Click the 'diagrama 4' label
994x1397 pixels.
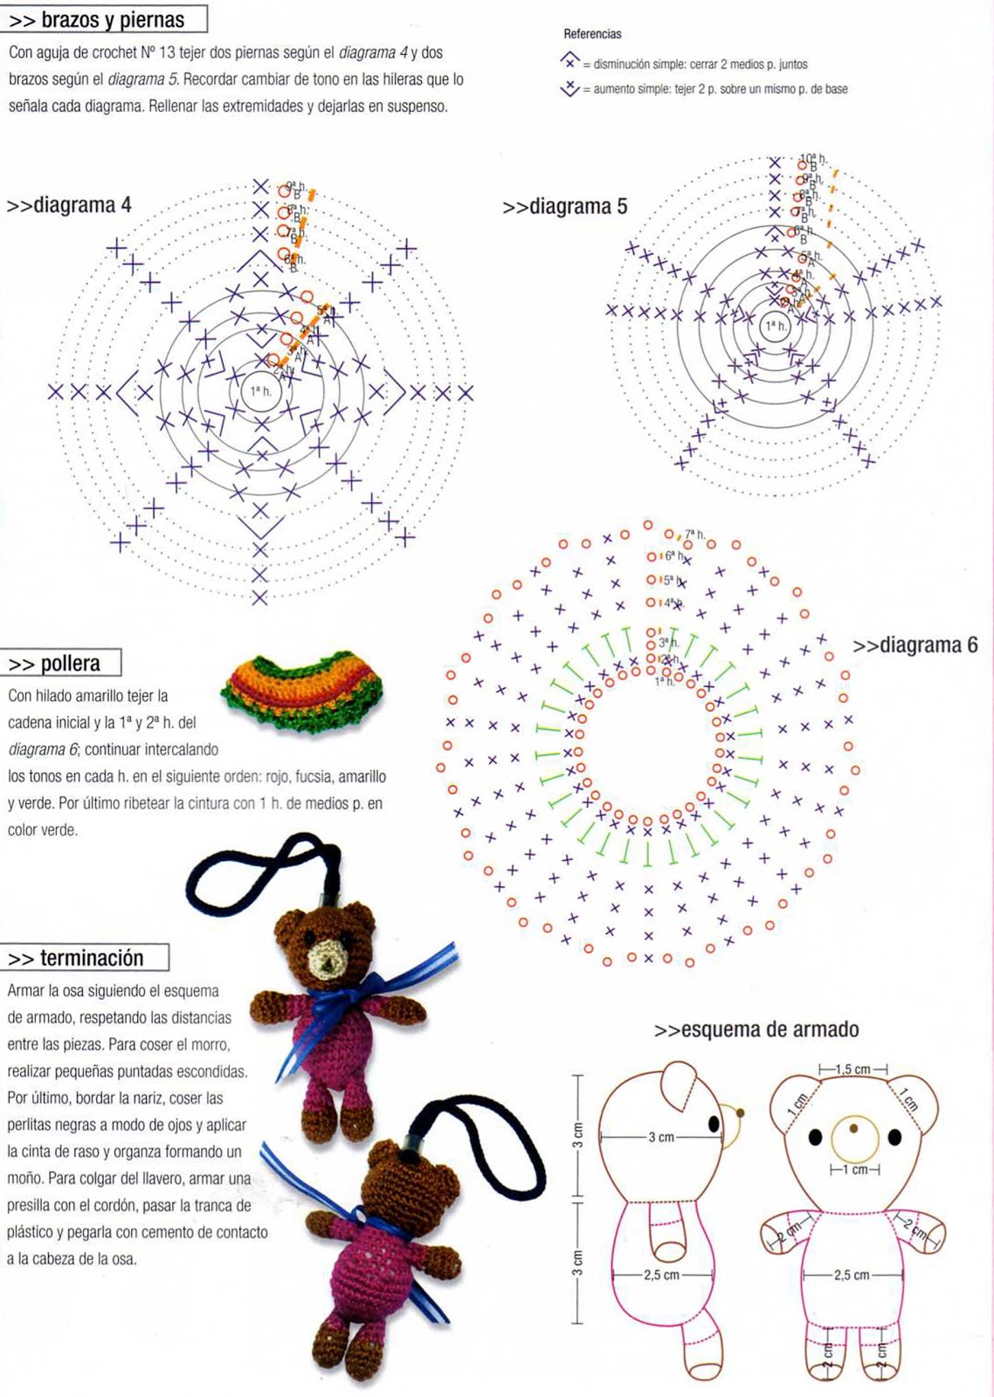70,205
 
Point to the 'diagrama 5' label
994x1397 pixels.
565,207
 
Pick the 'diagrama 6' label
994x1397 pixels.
915,645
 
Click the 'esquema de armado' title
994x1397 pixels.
756,1029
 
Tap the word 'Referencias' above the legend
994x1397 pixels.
592,34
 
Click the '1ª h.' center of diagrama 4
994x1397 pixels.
260,391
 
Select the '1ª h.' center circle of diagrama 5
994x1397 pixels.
775,326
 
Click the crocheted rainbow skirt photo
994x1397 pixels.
302,690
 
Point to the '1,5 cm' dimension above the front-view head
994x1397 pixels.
853,1070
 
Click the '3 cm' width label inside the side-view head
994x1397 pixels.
661,1137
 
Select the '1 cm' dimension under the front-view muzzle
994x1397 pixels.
854,1170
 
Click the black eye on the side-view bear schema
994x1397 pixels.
714,1124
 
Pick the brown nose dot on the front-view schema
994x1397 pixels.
853,1128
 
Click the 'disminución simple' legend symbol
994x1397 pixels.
570,62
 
